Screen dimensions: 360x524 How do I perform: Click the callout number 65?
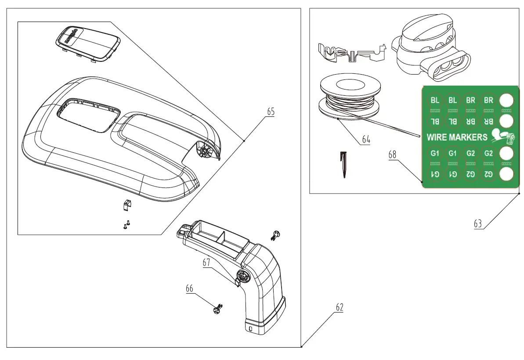[x=271, y=112]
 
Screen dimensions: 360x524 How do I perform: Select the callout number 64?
[x=366, y=139]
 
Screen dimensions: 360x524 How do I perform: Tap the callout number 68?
[x=392, y=155]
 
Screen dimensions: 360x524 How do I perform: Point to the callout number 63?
[x=477, y=223]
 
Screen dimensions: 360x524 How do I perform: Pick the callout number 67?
[x=207, y=263]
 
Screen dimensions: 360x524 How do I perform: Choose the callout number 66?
[x=189, y=288]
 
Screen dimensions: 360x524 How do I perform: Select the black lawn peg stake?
[x=344, y=165]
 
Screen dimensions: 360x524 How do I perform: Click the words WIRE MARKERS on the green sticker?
[x=457, y=137]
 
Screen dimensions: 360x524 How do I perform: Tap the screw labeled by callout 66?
[x=217, y=309]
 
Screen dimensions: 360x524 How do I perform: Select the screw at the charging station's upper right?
[x=276, y=235]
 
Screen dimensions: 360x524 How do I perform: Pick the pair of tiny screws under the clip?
[x=127, y=224]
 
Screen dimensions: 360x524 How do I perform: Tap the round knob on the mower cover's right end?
[x=204, y=151]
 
